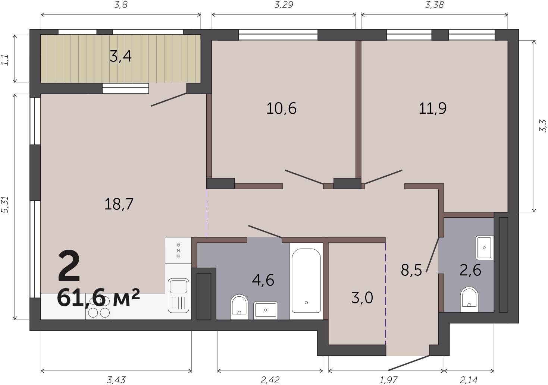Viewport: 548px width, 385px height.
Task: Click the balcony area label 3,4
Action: click(x=120, y=56)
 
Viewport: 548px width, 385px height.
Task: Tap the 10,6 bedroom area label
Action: click(x=281, y=108)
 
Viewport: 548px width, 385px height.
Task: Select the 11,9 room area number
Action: click(x=432, y=108)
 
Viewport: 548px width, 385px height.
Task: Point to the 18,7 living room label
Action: click(x=119, y=204)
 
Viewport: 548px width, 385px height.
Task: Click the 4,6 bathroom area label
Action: click(x=263, y=280)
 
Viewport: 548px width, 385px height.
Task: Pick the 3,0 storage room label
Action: click(x=362, y=298)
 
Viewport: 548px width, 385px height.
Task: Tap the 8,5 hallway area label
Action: click(x=411, y=270)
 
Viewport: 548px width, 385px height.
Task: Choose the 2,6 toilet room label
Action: click(x=470, y=270)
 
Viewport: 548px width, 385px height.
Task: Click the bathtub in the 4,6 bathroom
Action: click(x=306, y=281)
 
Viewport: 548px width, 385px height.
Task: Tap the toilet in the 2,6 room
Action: click(x=469, y=300)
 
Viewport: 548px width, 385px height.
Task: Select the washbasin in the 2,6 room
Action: click(x=484, y=247)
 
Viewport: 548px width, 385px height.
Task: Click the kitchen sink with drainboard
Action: click(x=179, y=296)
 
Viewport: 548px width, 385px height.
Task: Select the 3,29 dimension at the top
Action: click(x=284, y=4)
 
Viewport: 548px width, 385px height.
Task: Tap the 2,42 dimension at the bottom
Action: click(x=270, y=380)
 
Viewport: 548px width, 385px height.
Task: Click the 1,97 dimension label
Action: click(x=388, y=380)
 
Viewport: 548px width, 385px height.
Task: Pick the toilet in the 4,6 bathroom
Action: click(x=239, y=307)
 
